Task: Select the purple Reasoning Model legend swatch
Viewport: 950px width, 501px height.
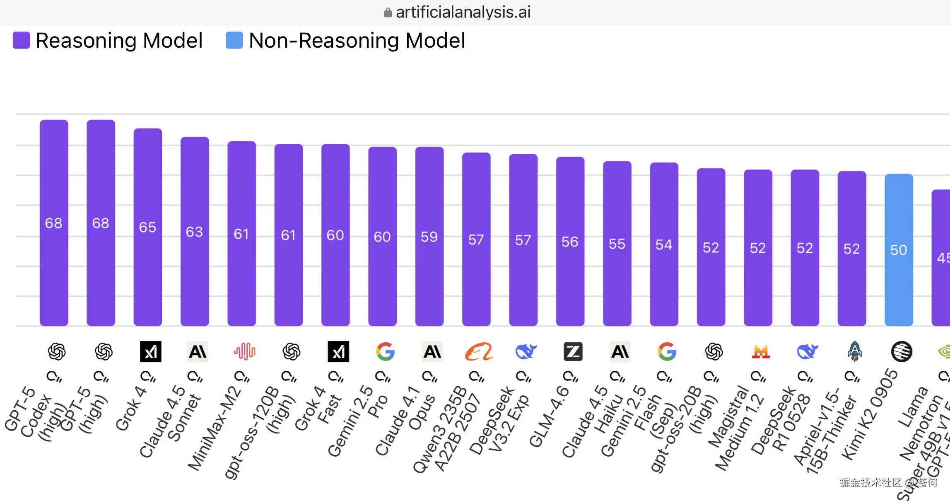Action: [21, 40]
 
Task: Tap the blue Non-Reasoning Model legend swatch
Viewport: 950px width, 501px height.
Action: [234, 40]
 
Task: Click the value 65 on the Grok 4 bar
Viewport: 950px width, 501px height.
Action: [147, 227]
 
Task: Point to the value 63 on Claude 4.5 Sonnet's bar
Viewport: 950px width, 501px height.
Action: [194, 232]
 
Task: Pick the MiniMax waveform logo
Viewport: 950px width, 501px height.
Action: [244, 351]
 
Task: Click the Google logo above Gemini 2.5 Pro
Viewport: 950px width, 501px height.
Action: [385, 351]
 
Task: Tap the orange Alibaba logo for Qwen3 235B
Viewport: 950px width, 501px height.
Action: [479, 351]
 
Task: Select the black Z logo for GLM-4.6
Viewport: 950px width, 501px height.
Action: [573, 351]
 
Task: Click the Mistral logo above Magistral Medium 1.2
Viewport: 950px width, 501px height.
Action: [761, 351]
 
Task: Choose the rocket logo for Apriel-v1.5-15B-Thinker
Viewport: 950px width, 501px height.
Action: [854, 351]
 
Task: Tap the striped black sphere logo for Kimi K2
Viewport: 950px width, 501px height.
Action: [902, 351]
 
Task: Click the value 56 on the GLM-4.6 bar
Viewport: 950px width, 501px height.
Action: [570, 242]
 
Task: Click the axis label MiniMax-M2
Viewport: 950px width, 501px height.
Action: [214, 429]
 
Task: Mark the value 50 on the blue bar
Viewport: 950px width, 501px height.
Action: [898, 250]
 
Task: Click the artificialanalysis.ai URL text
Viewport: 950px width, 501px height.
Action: [463, 12]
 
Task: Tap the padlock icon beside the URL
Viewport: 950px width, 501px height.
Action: [388, 12]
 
